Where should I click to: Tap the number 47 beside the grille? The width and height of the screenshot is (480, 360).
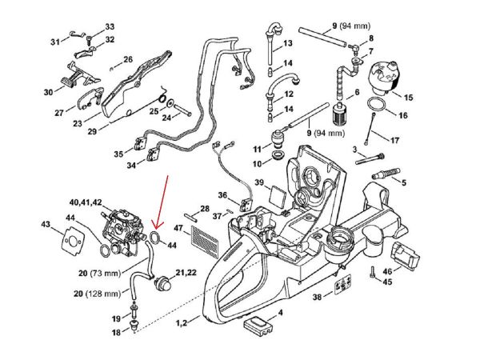[180, 230]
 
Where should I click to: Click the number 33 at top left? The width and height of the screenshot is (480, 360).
[110, 26]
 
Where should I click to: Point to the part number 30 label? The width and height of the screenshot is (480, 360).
[49, 92]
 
